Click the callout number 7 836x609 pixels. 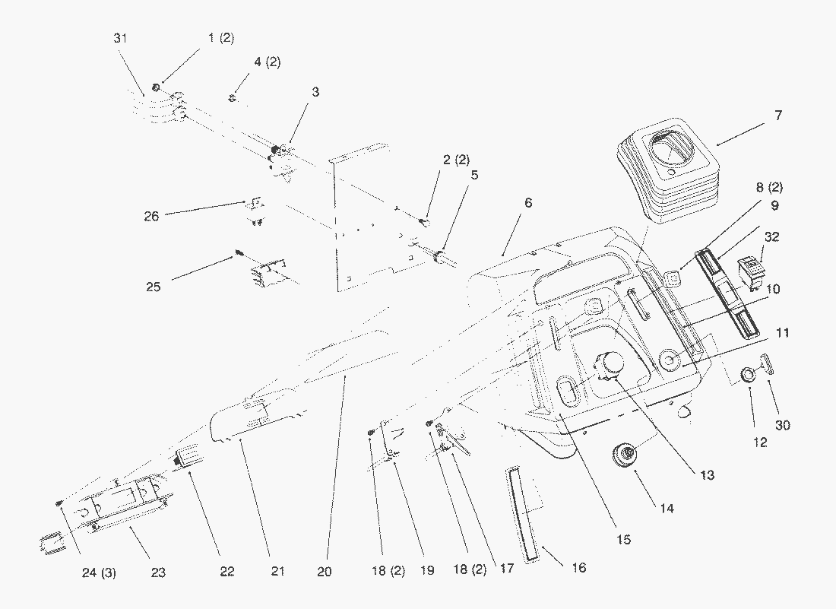click(777, 116)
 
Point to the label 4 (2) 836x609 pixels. click(267, 62)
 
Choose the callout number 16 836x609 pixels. click(579, 567)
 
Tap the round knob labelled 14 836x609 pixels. click(627, 455)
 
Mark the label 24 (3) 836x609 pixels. click(100, 573)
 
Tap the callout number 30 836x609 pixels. click(782, 425)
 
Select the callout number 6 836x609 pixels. click(528, 203)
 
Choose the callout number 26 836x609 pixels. click(151, 216)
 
